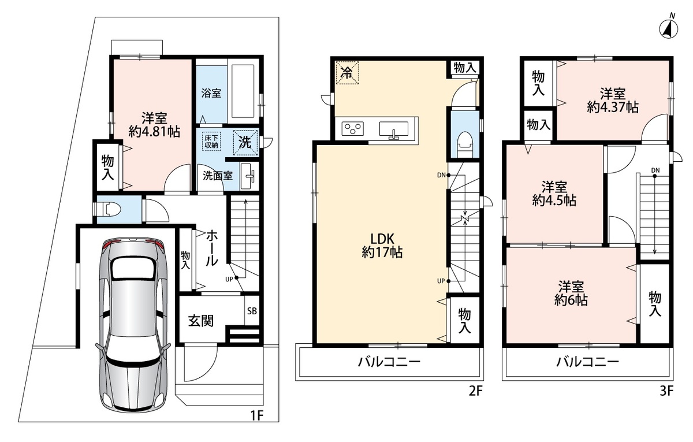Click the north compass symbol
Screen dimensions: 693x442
click(x=669, y=29)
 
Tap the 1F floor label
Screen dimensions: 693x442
click(x=256, y=415)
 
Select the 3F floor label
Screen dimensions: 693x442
click(x=666, y=391)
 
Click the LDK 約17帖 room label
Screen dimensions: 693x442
click(x=382, y=246)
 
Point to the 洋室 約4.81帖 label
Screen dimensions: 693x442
click(x=154, y=125)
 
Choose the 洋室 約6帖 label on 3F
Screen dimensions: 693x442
click(x=571, y=294)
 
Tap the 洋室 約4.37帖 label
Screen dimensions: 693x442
click(x=613, y=101)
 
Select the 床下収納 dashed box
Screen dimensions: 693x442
click(x=211, y=142)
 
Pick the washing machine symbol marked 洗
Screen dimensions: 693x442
click(x=245, y=142)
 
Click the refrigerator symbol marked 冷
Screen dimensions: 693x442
click(x=347, y=73)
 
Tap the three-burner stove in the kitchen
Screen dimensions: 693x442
click(x=353, y=128)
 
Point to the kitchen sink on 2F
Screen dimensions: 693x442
click(x=393, y=129)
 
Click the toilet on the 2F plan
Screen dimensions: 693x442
click(x=465, y=144)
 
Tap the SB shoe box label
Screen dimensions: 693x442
click(x=252, y=311)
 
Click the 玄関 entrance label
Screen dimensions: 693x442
click(x=201, y=321)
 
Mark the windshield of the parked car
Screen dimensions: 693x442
click(x=133, y=268)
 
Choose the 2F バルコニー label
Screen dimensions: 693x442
click(x=389, y=362)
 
